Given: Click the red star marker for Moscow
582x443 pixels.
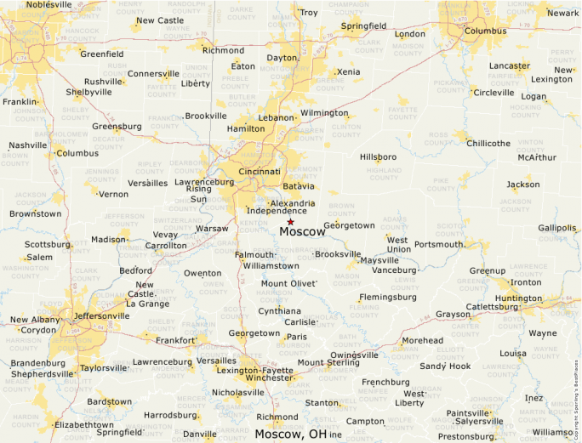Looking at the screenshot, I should [290, 222].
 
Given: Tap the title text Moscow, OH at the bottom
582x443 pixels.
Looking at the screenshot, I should [291, 434].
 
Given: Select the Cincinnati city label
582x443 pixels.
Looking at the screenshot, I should [260, 171].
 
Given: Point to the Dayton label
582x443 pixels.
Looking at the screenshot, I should [282, 58].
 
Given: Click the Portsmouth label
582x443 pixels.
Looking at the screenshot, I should [439, 245].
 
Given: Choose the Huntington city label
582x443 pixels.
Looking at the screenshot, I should [518, 298].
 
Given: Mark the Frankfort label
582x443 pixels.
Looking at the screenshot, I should [175, 340].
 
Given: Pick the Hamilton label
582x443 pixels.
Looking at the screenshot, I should [246, 128].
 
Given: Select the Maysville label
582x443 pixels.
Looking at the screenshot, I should [379, 260].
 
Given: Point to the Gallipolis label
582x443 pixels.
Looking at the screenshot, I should [556, 228].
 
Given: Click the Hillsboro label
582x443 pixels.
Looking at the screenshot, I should [379, 157].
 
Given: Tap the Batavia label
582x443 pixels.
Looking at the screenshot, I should [299, 185].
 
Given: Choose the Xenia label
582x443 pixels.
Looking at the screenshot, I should [349, 72].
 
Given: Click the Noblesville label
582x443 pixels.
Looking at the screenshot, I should [49, 4].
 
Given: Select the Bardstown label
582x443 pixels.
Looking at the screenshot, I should [110, 401].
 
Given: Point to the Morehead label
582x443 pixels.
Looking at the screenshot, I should [422, 340].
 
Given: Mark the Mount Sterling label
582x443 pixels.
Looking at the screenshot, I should [328, 363].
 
